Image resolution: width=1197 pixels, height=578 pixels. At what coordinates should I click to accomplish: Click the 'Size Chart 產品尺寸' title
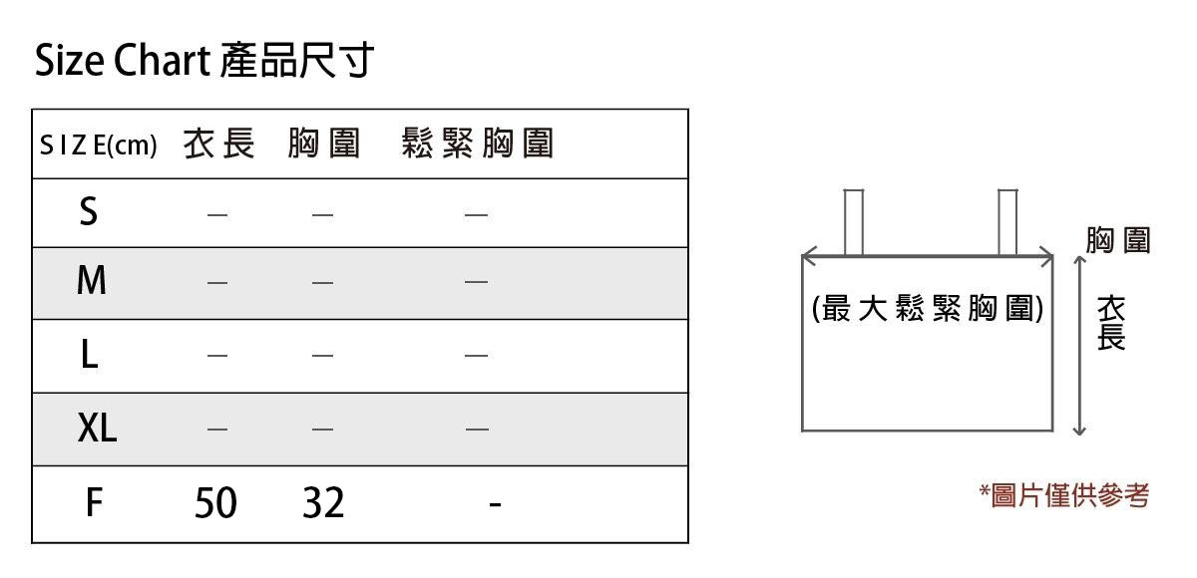204,62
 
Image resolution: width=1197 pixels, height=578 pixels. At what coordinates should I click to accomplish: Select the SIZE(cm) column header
99,145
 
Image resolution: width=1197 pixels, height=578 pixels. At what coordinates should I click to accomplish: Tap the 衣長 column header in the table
218,144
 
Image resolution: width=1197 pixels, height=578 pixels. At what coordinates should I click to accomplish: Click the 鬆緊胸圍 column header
477,144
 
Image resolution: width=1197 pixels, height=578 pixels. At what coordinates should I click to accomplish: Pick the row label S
89,212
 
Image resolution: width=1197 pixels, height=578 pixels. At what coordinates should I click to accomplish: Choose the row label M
91,282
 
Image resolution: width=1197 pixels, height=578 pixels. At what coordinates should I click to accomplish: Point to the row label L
89,355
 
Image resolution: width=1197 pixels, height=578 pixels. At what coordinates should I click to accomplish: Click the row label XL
97,429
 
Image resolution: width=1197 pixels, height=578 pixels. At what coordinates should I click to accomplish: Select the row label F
93,502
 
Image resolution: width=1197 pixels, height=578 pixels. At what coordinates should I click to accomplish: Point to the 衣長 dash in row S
217,214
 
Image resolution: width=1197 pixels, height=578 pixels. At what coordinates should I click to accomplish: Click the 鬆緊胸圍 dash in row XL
477,430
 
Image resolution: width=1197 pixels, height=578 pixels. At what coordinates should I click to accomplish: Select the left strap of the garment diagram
853,221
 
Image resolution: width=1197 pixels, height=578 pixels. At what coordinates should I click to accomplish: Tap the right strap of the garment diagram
1007,221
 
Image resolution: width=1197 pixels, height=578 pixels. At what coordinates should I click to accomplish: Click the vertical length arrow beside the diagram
1078,345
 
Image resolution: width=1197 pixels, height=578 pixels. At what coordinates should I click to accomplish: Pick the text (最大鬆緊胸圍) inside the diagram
928,310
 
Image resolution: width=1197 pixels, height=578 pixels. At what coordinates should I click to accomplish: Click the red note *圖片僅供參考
1064,494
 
